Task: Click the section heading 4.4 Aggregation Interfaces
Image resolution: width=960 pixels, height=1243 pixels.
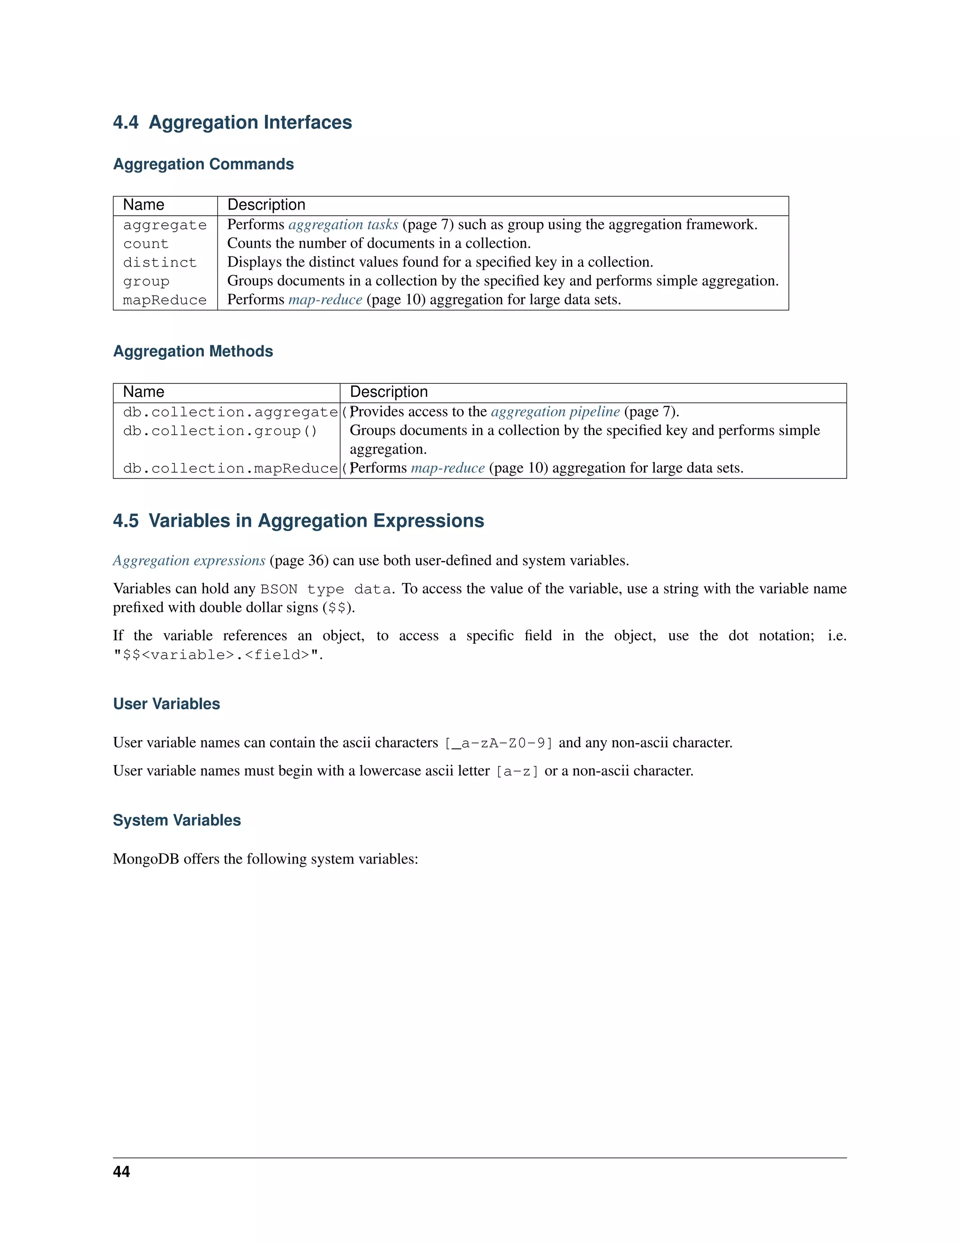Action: (232, 122)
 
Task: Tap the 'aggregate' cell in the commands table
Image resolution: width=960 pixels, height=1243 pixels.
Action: (165, 225)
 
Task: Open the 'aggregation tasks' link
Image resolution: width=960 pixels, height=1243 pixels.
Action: (343, 224)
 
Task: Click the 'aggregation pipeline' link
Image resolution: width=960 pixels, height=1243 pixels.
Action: (555, 411)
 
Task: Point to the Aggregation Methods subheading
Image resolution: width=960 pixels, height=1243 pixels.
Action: (193, 351)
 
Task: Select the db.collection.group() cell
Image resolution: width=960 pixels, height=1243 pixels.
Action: (220, 431)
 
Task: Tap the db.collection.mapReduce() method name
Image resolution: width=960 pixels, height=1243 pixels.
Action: (230, 469)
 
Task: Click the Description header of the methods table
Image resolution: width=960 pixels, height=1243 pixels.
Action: (389, 392)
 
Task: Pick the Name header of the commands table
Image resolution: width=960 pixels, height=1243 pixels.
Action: (143, 205)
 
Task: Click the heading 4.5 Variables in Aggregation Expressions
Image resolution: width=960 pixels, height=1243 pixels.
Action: (298, 521)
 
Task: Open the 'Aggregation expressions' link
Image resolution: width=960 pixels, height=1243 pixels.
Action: (189, 561)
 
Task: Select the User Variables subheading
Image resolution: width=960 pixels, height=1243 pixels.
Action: (166, 704)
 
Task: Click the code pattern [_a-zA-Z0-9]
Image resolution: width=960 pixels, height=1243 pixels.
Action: (498, 743)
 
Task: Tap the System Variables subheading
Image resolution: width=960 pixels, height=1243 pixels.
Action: (177, 820)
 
